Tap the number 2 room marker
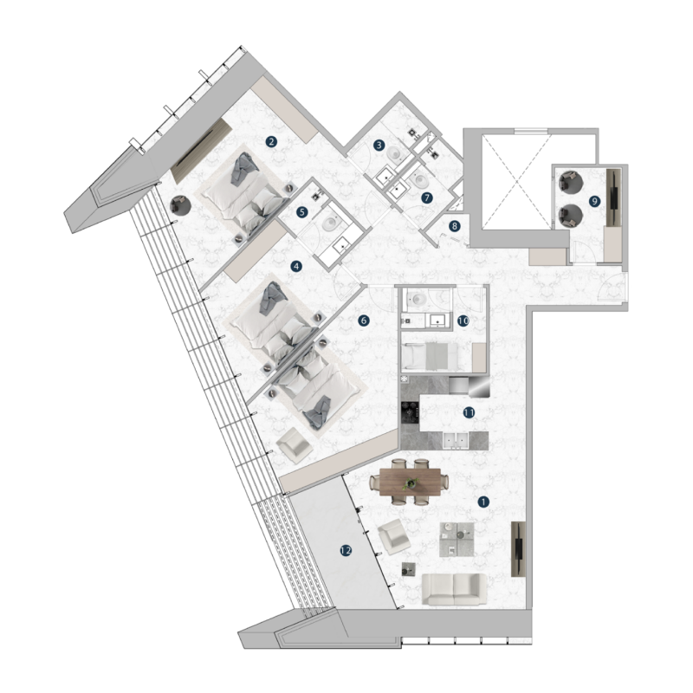click(x=271, y=142)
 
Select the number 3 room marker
click(x=379, y=145)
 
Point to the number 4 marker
click(x=296, y=267)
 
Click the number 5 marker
click(x=302, y=211)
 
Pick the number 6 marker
click(x=364, y=321)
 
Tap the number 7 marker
click(x=426, y=198)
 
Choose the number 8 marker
click(x=455, y=227)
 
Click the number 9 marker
click(x=594, y=200)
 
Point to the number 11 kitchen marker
click(x=469, y=413)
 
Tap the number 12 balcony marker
click(x=346, y=550)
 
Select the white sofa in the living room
click(x=454, y=590)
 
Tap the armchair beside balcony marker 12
click(x=392, y=538)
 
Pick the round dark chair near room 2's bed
click(x=180, y=205)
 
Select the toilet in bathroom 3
click(x=396, y=152)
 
